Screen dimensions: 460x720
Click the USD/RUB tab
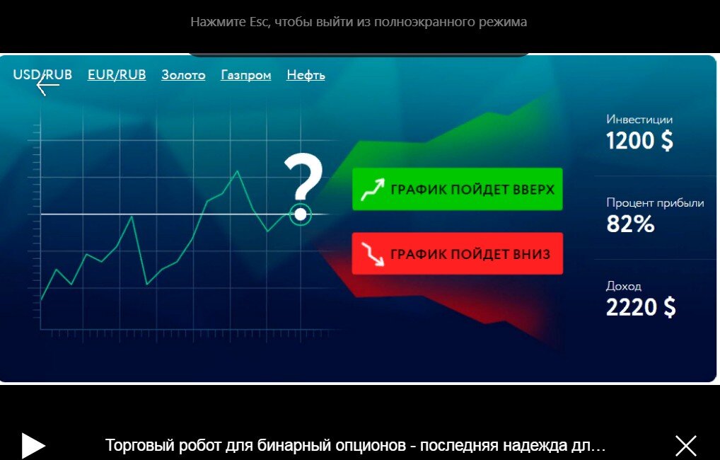(x=42, y=74)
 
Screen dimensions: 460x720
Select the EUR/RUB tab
(x=117, y=74)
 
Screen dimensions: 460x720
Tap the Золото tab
(x=183, y=75)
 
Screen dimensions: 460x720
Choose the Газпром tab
(x=246, y=75)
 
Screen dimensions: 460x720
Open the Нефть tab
(x=306, y=75)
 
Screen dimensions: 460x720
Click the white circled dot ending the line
(x=301, y=213)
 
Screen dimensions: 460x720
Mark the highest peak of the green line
(x=237, y=171)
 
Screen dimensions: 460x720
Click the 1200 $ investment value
(x=639, y=141)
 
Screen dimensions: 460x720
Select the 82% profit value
(x=630, y=224)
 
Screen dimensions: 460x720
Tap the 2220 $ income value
(x=641, y=307)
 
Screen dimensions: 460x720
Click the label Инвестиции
(x=639, y=120)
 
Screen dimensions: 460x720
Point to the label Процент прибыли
(x=655, y=203)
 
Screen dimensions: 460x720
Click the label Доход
(x=624, y=286)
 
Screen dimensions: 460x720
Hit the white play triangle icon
(x=33, y=445)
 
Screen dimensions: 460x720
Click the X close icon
(x=686, y=445)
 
